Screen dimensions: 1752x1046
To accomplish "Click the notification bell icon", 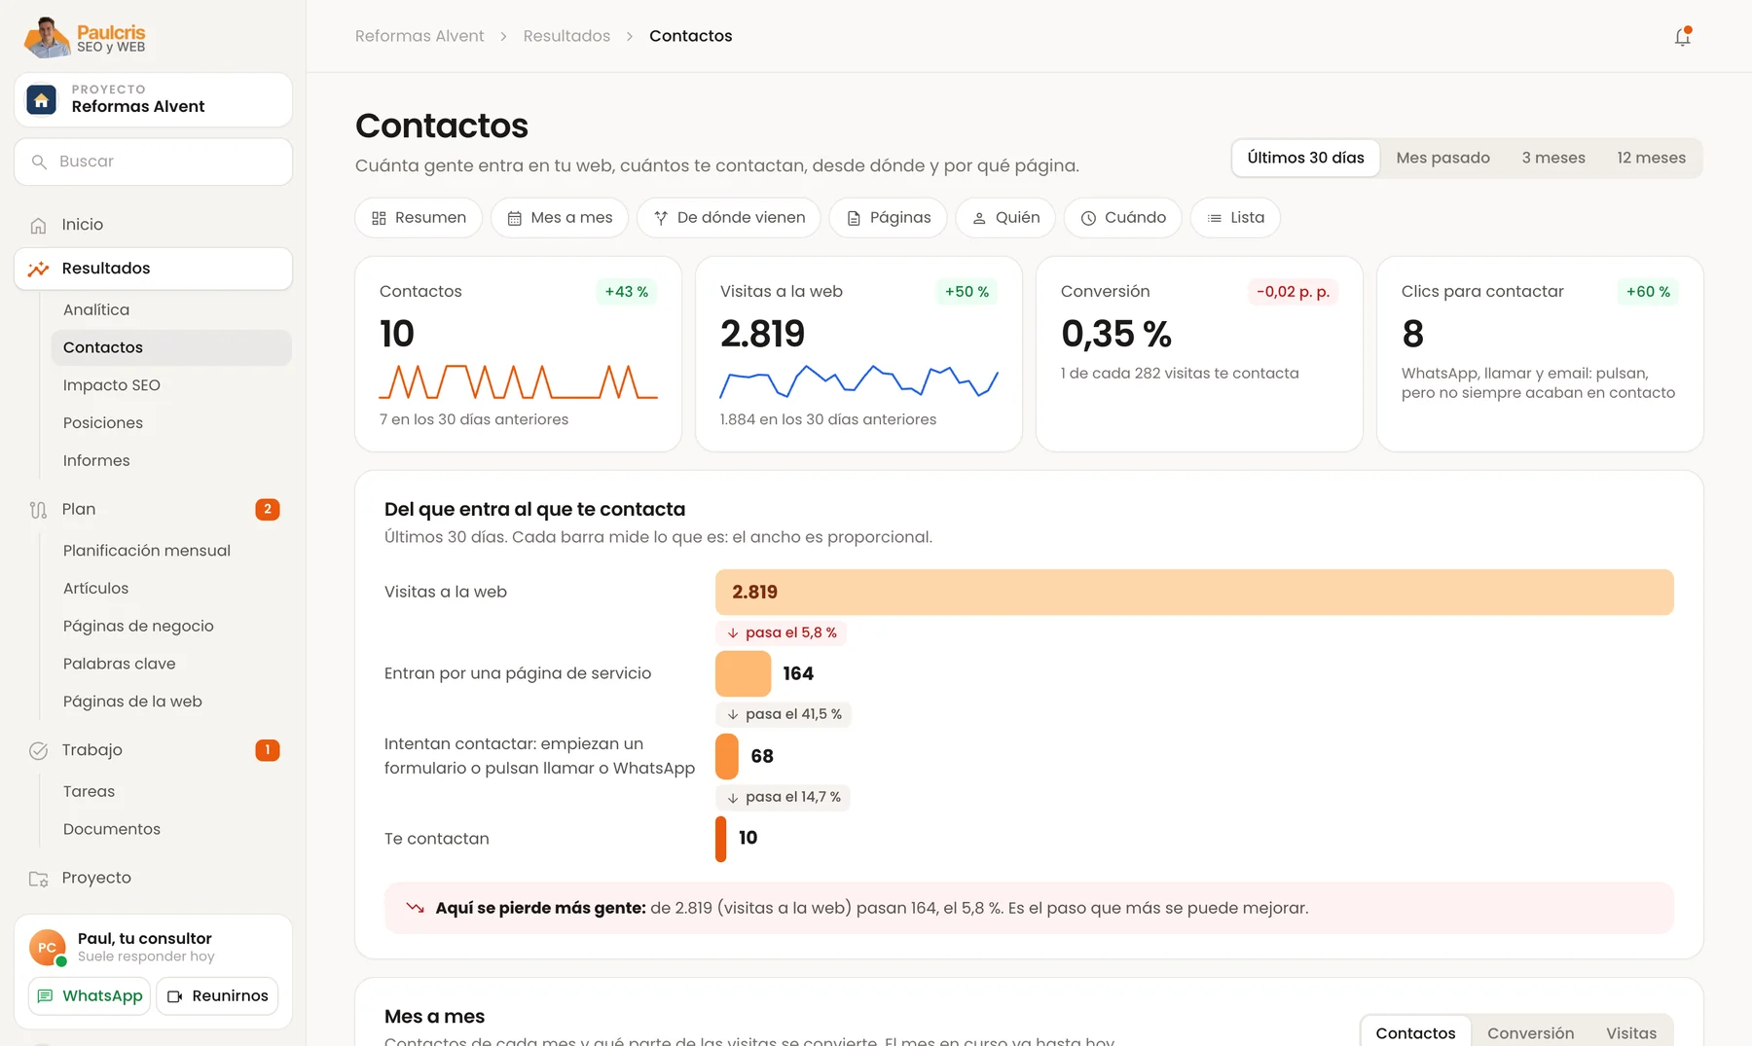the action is (1682, 37).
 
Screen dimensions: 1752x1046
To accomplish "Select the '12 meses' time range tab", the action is (1651, 158).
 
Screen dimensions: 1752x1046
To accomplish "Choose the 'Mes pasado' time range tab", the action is (1442, 158).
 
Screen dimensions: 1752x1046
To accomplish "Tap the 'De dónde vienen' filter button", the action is (728, 218).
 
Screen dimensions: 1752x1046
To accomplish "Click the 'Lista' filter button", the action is (1235, 218).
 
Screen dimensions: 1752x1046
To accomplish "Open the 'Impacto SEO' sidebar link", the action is (112, 385).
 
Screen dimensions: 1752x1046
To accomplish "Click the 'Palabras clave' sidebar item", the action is (120, 664).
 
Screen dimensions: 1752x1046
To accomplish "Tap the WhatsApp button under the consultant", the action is (90, 996).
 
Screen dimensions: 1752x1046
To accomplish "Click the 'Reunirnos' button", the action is (218, 996).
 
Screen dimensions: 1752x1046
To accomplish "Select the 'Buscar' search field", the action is (153, 162).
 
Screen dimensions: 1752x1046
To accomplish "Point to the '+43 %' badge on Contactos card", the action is (627, 292).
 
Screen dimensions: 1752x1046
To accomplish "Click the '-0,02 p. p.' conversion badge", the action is (1293, 292).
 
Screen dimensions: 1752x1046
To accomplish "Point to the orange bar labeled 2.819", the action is (1194, 592).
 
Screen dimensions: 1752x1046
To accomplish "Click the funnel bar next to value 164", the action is (743, 673).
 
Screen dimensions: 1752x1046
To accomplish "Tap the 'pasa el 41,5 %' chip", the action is (784, 714).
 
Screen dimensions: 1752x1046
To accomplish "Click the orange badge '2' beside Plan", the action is (268, 509).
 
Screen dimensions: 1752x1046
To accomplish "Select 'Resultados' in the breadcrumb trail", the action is (566, 36).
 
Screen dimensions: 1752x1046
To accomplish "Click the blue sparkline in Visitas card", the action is (858, 381).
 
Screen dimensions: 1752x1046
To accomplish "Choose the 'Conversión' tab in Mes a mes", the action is (1530, 1033).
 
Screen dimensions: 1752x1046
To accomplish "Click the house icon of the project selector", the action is (41, 100).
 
